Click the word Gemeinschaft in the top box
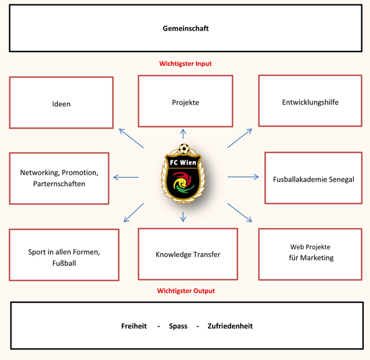(x=186, y=29)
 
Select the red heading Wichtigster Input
(x=185, y=63)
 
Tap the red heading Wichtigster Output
(x=186, y=291)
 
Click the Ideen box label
(x=62, y=104)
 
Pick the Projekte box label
(x=185, y=103)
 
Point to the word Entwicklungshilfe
(x=310, y=103)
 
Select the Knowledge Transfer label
(x=188, y=254)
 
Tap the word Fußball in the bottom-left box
(x=64, y=263)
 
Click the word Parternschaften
(x=59, y=184)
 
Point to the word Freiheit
(x=134, y=326)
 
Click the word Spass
(x=178, y=326)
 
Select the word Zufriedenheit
(x=230, y=326)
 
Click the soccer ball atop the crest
(x=184, y=149)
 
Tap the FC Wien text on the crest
(x=183, y=162)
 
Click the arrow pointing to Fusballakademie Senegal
(x=243, y=177)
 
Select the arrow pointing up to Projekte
(x=183, y=134)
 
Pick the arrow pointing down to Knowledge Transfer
(x=183, y=217)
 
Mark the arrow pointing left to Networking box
(x=126, y=177)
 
